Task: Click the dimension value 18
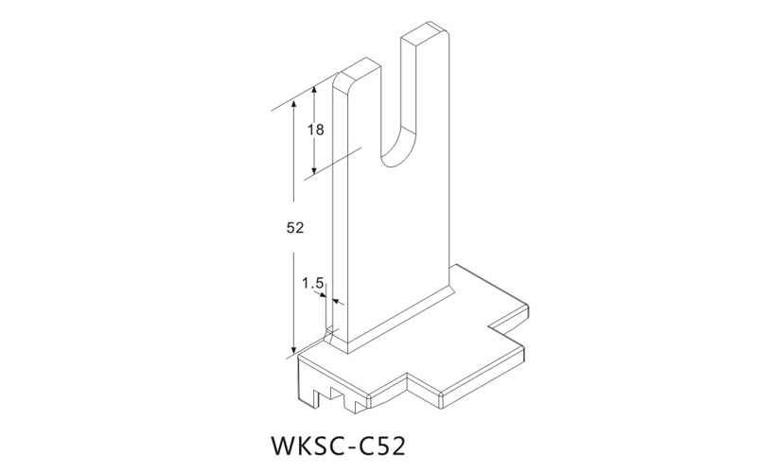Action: [316, 130]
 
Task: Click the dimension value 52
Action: [295, 228]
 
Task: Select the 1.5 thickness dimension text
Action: [312, 283]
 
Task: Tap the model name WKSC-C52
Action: [339, 446]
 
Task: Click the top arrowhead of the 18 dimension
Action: [314, 90]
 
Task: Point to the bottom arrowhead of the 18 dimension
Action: [314, 170]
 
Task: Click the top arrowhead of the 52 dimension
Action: [294, 106]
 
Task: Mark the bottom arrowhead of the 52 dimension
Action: [294, 350]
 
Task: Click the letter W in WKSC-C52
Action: [286, 446]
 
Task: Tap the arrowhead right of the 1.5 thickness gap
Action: [338, 302]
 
